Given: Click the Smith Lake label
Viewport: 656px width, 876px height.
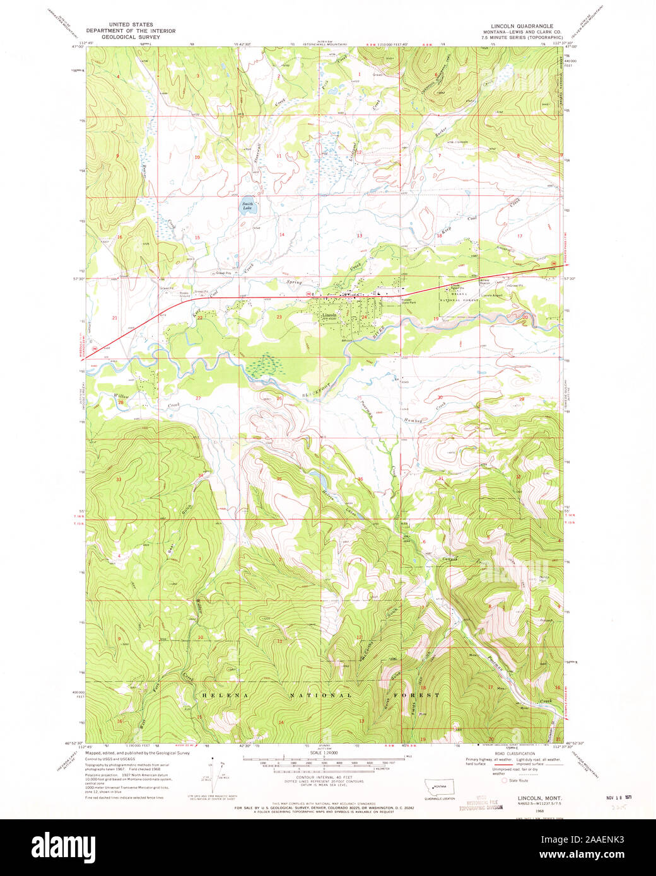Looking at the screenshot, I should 247,205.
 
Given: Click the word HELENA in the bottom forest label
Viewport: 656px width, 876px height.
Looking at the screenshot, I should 220,695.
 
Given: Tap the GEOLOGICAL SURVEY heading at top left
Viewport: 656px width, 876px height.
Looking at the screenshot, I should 131,37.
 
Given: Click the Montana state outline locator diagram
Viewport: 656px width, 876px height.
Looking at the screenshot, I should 438,787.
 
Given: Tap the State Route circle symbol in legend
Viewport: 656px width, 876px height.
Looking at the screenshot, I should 504,780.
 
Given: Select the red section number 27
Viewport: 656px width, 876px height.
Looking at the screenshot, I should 198,398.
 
